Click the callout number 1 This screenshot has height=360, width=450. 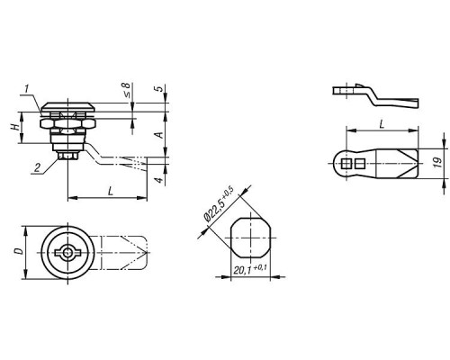[x=27, y=89]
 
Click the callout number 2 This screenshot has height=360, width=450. [x=37, y=167]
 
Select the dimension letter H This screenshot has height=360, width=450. [x=14, y=127]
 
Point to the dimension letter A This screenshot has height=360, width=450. [x=160, y=135]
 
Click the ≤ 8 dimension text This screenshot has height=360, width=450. [x=127, y=90]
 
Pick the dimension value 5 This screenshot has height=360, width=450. [x=159, y=89]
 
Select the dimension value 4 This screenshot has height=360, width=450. [x=159, y=180]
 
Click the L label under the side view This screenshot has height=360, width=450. [x=111, y=191]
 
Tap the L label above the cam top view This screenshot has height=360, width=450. [x=382, y=123]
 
